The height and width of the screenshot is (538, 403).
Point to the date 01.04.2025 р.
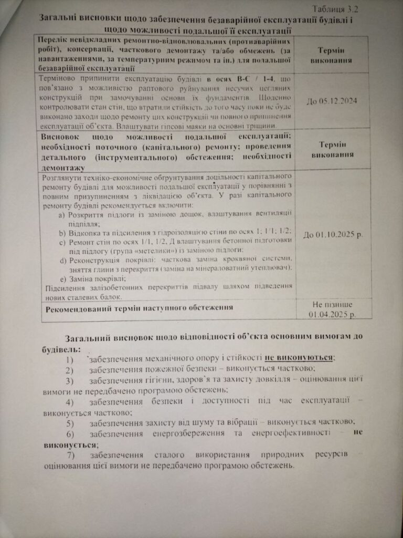pos(333,315)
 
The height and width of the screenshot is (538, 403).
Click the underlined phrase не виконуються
pos(299,358)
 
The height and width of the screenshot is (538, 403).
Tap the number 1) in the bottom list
pos(70,360)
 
